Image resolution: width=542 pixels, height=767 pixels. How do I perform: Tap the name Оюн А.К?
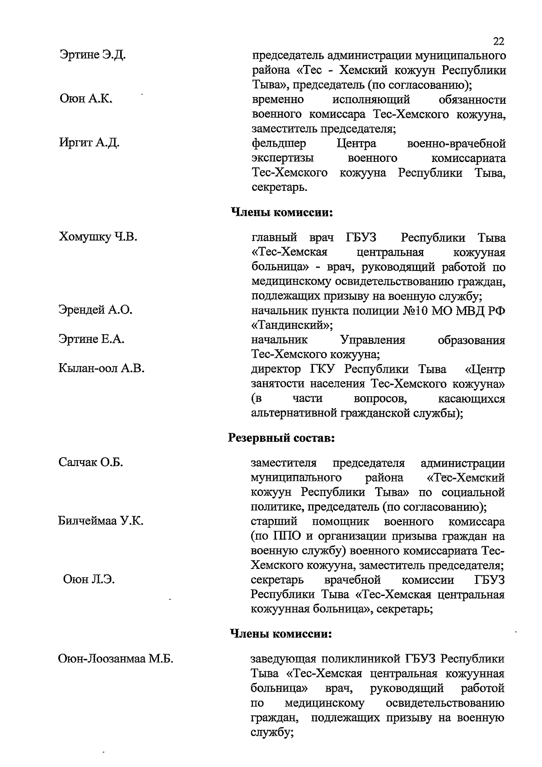[86, 99]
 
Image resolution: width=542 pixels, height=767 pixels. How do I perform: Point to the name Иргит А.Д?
[89, 143]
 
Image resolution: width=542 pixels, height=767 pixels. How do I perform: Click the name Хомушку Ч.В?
[98, 237]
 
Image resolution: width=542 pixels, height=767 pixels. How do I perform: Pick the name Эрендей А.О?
[95, 310]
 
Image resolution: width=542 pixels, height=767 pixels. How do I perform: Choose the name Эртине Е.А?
[91, 339]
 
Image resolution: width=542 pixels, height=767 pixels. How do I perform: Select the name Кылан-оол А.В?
[101, 369]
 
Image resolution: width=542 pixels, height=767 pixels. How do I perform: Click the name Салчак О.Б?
[91, 462]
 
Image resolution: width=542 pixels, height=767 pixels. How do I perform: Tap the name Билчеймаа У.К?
[101, 521]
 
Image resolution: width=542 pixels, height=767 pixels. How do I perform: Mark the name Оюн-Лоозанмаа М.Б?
[116, 659]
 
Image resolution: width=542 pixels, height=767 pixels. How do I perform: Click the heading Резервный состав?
[281, 438]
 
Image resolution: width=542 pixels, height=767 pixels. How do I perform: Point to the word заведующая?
[282, 659]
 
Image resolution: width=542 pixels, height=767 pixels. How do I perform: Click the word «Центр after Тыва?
[485, 369]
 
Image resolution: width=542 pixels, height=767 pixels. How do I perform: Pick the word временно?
[277, 99]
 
